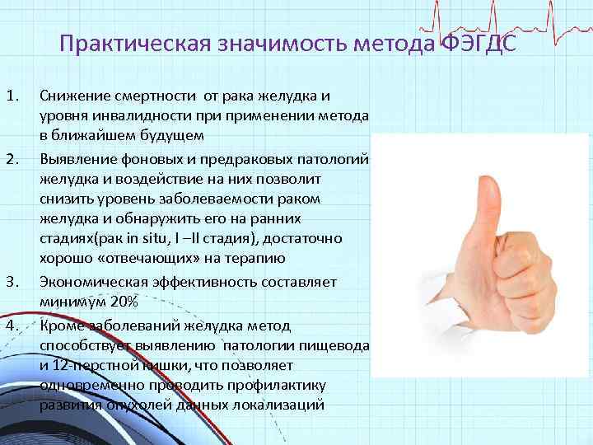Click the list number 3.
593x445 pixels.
[12, 281]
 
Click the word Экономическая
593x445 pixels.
[91, 282]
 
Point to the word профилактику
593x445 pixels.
[285, 385]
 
